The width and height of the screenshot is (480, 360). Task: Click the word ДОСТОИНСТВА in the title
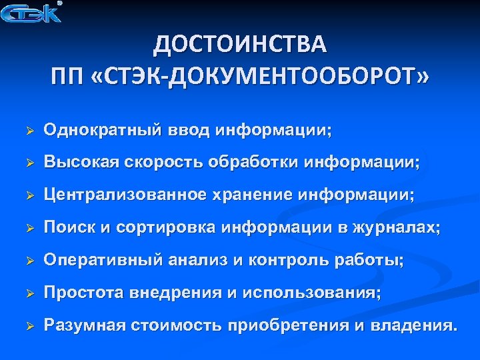(240, 46)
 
